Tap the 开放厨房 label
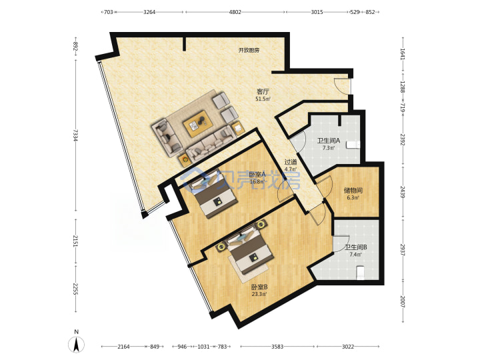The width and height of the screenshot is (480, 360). coord(249,50)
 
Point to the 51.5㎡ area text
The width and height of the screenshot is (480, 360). coord(263,99)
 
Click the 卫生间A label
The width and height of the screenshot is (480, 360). coord(329,141)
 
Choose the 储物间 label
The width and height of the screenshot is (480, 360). coord(353,191)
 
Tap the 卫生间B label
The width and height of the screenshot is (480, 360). coord(356,247)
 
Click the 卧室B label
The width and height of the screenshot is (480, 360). coord(259,287)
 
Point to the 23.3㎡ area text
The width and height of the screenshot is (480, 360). coord(259,295)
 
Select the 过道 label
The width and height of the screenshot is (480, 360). coord(291,162)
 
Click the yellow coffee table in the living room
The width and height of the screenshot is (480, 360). coord(198,124)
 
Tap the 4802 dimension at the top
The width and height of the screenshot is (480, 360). coord(235,12)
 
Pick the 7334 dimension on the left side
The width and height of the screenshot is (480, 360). coord(75,135)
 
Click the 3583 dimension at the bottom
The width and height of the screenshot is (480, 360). coord(277,347)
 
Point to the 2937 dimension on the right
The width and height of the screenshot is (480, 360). coord(403,250)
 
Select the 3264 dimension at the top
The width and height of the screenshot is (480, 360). coord(149,12)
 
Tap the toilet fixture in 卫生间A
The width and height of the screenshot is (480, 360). coord(353,145)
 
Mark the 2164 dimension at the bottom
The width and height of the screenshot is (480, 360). coord(124,347)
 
